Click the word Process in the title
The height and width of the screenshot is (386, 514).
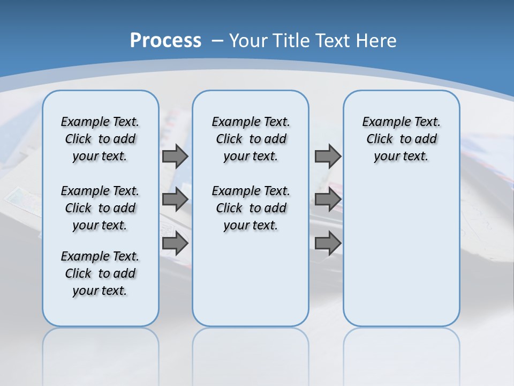(x=165, y=41)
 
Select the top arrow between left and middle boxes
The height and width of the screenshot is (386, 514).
(x=175, y=156)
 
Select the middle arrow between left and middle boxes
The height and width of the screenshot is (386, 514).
(x=175, y=199)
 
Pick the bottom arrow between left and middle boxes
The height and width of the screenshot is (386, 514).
(x=175, y=243)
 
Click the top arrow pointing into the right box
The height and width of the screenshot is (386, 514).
(x=328, y=156)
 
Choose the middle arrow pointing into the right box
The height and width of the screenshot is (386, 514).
(x=328, y=199)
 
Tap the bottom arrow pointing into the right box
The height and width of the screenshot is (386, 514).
(x=328, y=243)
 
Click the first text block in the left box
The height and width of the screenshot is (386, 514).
(x=100, y=139)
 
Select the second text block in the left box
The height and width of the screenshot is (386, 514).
(x=100, y=208)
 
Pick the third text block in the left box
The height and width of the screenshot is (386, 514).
(x=100, y=273)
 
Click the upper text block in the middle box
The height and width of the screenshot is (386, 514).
(x=251, y=139)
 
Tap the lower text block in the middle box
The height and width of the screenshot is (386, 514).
(x=251, y=208)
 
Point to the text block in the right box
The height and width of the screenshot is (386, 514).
(x=401, y=139)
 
